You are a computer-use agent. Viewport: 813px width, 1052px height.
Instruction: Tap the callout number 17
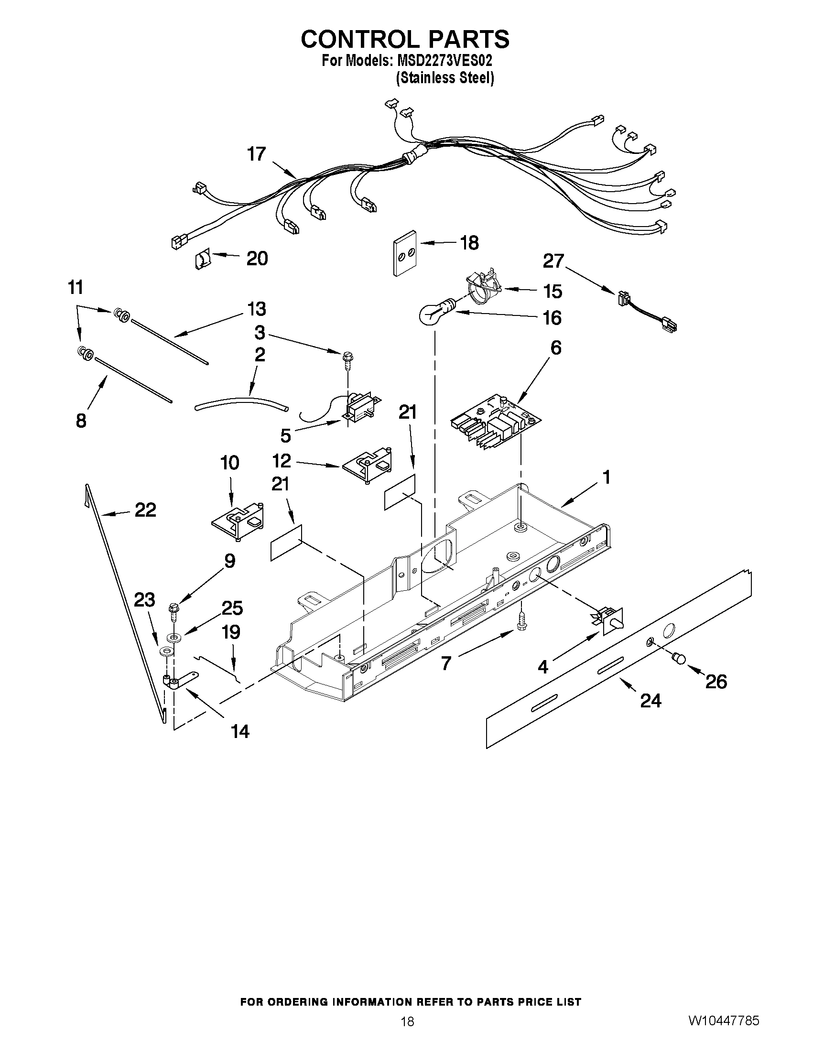pos(256,154)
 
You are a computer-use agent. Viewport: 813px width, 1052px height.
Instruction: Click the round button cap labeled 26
pos(679,658)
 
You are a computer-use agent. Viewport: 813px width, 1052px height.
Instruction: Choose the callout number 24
pos(650,700)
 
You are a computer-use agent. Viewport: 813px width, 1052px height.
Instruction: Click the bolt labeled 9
pos(173,611)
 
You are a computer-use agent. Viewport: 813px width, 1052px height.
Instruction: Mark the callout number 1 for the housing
pos(606,477)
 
